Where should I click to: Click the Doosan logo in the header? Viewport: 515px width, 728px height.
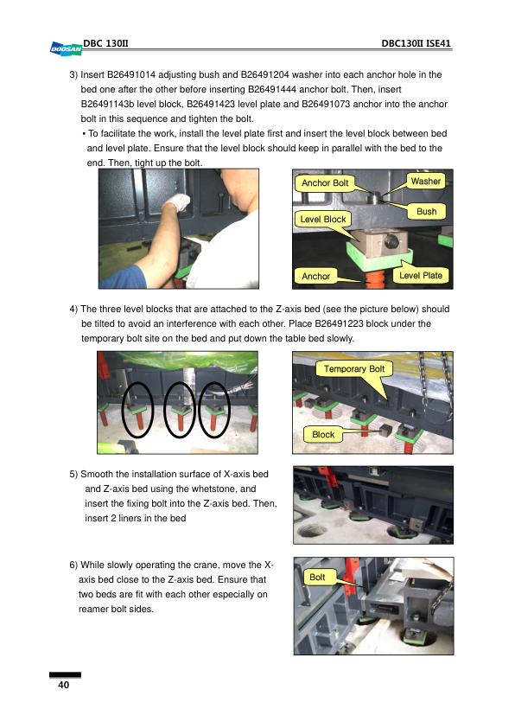[66, 48]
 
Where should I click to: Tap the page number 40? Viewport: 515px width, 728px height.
[64, 685]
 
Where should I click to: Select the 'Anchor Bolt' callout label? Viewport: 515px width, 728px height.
[325, 183]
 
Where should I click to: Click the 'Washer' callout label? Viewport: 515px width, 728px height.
[425, 181]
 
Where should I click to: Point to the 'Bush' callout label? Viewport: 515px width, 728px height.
[426, 211]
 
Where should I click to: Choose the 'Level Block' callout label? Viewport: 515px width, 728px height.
[323, 219]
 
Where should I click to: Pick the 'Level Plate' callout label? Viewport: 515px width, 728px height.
[421, 275]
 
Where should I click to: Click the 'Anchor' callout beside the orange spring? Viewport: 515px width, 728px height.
[316, 277]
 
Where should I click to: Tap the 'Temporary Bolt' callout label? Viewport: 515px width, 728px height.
[354, 368]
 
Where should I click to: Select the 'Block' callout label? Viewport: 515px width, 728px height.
[323, 435]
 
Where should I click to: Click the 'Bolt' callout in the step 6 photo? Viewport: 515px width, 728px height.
[317, 577]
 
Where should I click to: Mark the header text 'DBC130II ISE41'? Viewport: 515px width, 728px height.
[416, 43]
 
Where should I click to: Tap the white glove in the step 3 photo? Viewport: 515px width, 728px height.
[176, 202]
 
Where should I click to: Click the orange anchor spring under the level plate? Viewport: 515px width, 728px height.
[374, 279]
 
